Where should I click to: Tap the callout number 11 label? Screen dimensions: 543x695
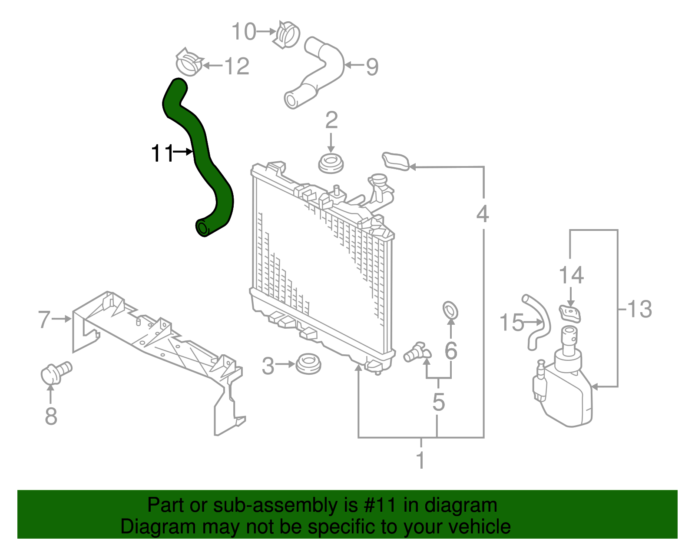162,153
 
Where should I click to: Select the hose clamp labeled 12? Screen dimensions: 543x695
189,62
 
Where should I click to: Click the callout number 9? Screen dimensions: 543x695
372,67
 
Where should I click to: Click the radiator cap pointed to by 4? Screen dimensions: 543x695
396,161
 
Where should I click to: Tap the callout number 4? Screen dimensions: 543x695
483,213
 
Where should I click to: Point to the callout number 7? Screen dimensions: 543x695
44,319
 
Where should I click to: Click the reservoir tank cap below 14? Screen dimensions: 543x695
569,313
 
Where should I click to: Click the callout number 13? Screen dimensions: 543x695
639,309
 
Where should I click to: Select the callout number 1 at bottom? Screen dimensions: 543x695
420,460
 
